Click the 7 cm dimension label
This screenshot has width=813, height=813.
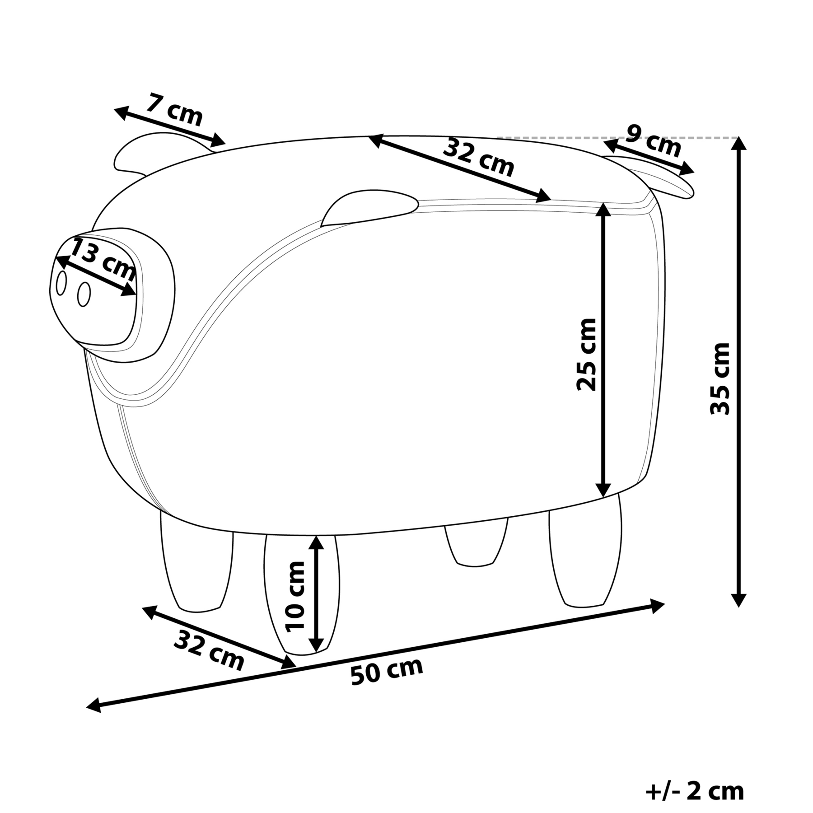(x=174, y=110)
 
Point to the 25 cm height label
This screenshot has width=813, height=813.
(x=586, y=354)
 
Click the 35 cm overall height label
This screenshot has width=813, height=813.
(x=720, y=378)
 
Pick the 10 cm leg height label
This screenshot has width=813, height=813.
(x=295, y=596)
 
